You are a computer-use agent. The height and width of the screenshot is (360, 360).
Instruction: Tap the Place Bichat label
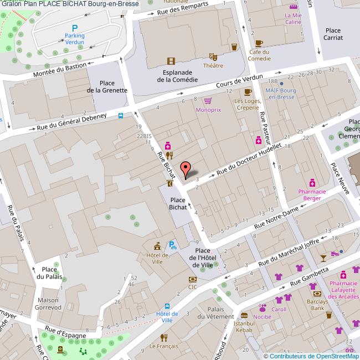coord(177,204)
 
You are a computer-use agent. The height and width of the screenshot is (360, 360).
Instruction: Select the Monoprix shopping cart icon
coord(208,101)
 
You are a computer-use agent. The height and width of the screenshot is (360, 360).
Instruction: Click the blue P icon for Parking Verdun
coord(75,28)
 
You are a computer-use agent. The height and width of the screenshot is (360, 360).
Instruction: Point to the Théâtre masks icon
coord(213,56)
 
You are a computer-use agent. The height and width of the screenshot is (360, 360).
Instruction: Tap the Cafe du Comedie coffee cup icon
coord(259,43)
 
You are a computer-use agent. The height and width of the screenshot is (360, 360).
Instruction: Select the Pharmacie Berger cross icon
coord(312,182)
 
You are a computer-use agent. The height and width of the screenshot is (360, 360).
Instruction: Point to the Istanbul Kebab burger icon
coord(244,315)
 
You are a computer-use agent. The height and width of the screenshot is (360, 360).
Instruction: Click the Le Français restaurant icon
coord(163,337)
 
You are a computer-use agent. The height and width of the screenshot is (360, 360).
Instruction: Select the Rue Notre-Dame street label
coord(276,218)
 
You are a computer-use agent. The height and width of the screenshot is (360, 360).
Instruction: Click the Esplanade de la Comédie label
coord(177,76)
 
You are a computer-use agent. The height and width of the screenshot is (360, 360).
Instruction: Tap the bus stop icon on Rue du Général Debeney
coord(121,116)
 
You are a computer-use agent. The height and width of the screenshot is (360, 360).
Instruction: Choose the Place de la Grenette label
coord(107,86)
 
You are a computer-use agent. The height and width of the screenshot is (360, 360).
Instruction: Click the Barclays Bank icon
coord(317,294)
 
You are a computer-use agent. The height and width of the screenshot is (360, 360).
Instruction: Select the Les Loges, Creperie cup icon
coord(248,92)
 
